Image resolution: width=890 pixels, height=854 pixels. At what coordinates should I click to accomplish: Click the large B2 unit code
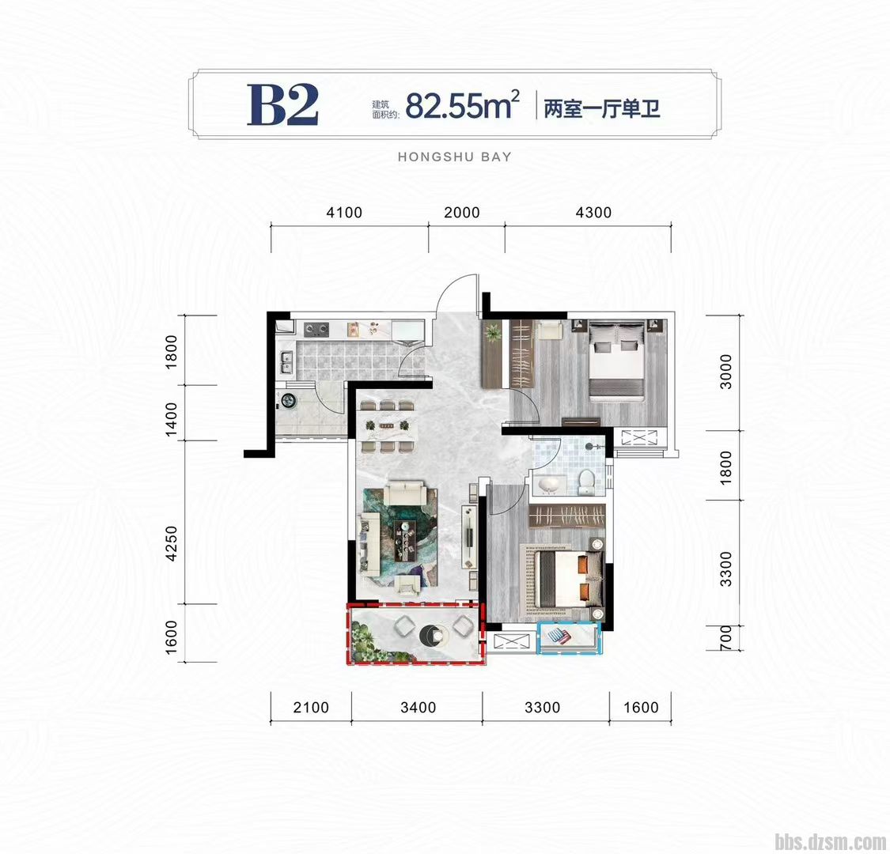pos(282,105)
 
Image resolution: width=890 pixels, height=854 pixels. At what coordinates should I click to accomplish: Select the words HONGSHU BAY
pos(455,157)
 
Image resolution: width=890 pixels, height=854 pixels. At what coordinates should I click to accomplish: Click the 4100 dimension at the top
pos(344,212)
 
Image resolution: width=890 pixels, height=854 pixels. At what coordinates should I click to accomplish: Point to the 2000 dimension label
pos(462,212)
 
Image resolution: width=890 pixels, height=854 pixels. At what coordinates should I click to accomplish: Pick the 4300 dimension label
pos(593,212)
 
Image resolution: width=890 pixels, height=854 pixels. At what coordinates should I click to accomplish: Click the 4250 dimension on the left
pos(172,543)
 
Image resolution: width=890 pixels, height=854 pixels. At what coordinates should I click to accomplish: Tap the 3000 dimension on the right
pos(725,372)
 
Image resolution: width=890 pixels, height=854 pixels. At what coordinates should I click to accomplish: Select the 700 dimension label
pos(725,637)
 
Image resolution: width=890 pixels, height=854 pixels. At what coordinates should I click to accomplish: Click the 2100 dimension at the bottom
pos(311,708)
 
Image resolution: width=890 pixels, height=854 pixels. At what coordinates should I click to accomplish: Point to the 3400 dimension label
pos(418,708)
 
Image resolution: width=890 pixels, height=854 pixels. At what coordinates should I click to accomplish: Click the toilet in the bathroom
pos(586,481)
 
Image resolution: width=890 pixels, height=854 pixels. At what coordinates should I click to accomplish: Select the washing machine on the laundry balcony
pos(288,401)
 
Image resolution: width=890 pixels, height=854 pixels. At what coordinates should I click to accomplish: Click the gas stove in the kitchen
pos(316,328)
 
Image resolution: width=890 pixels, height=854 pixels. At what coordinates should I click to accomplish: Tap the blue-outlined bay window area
pos(569,638)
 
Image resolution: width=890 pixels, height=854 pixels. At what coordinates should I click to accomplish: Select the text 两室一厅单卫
pos(602,108)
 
